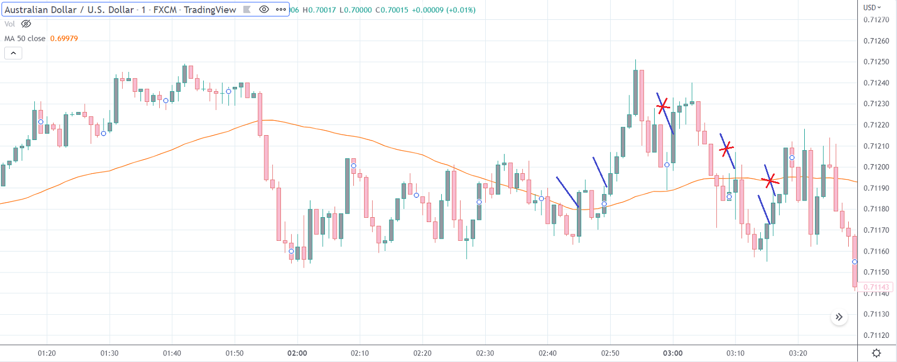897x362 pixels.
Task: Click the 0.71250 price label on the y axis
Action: pos(876,62)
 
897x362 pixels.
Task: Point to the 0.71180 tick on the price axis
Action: pos(876,209)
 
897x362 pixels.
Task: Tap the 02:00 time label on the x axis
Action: pos(297,353)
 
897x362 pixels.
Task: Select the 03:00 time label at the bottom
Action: pos(672,353)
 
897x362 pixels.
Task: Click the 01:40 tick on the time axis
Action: pos(172,353)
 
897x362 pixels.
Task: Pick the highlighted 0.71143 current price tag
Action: pos(876,287)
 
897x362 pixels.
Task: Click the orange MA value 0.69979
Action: pos(64,39)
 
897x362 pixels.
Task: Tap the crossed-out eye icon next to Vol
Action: pos(26,24)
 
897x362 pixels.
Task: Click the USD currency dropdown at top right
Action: pos(872,8)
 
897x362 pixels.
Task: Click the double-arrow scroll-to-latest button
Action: pos(839,317)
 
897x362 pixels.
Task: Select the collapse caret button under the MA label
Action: pos(13,53)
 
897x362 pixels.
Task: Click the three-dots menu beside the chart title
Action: pos(281,10)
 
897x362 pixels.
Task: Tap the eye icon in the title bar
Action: pos(264,10)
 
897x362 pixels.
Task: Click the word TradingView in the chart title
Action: pos(210,10)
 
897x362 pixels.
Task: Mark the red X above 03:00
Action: pos(663,106)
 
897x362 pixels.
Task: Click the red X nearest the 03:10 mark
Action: pos(727,149)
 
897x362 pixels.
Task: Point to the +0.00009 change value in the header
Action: pos(427,10)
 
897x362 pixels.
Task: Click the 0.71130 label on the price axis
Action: pos(876,314)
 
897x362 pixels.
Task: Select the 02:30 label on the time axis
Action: pos(485,353)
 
